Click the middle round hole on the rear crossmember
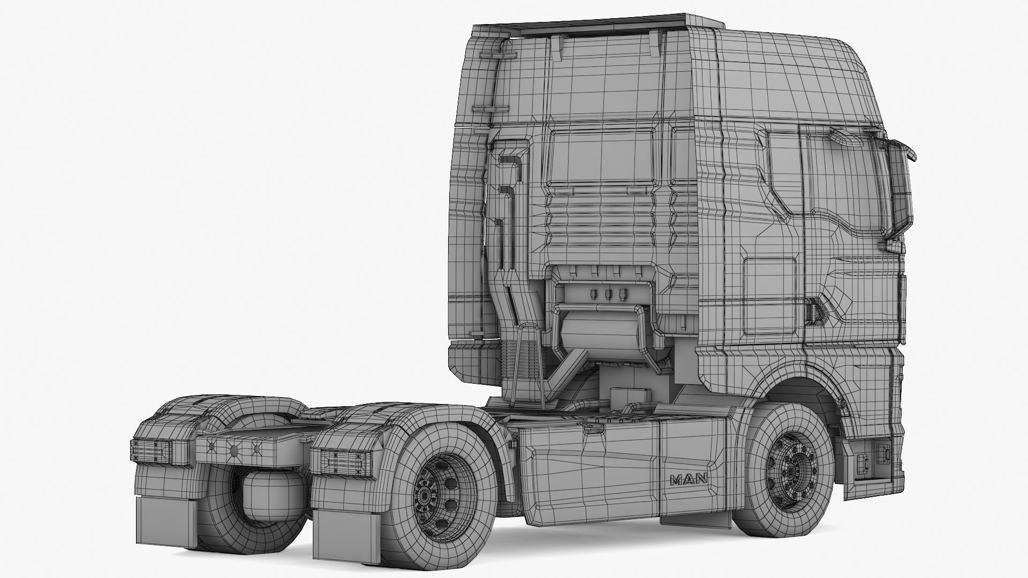pos(234,450)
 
